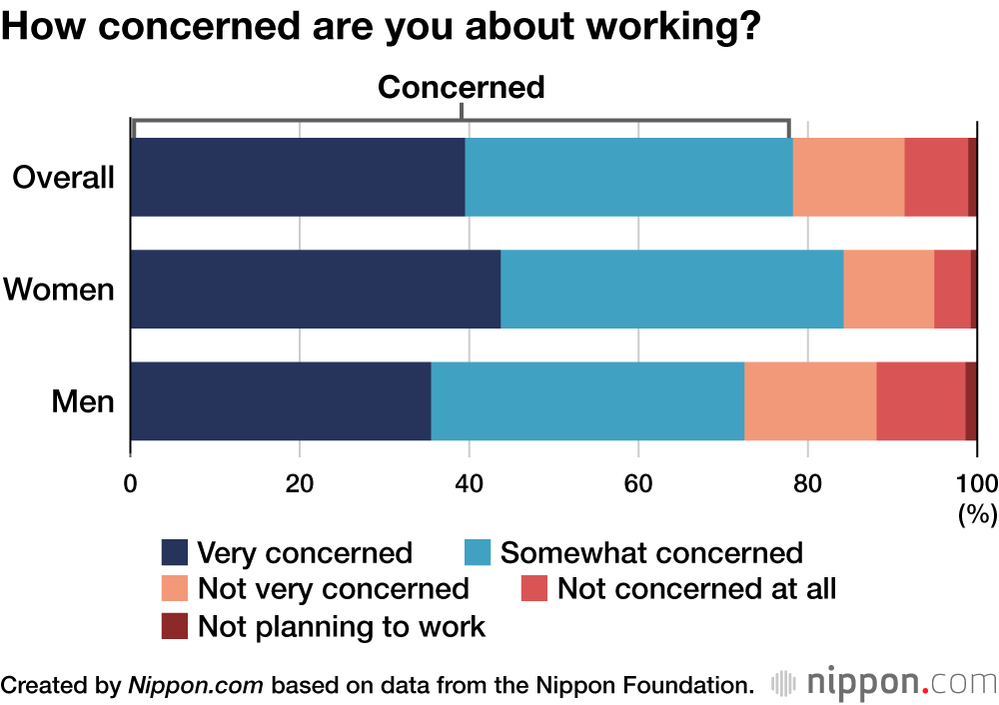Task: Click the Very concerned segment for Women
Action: click(315, 289)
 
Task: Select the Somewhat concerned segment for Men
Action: click(587, 400)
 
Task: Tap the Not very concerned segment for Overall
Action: click(848, 177)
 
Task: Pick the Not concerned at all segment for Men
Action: click(921, 400)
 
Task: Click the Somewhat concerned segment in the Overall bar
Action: click(628, 177)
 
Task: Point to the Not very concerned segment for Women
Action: click(888, 289)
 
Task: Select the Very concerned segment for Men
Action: click(281, 400)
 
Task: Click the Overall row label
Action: click(63, 178)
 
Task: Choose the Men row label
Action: click(83, 401)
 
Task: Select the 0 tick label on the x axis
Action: click(131, 483)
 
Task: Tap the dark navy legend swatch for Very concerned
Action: click(175, 553)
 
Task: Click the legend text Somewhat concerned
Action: click(651, 553)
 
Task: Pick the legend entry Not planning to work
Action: click(341, 627)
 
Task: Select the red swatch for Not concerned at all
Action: click(534, 590)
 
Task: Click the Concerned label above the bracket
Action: click(461, 88)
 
